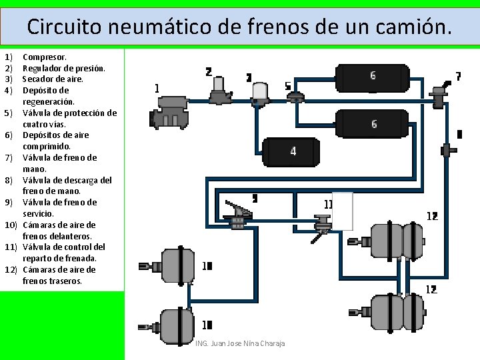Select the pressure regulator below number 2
pyautogui.click(x=218, y=91)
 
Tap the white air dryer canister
pyautogui.click(x=260, y=93)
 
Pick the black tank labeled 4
pyautogui.click(x=291, y=152)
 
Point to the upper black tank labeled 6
pyautogui.click(x=371, y=79)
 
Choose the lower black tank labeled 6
pyautogui.click(x=371, y=124)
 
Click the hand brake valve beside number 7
pyautogui.click(x=440, y=95)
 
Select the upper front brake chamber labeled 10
pyautogui.click(x=177, y=266)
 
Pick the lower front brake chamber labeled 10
pyautogui.click(x=177, y=325)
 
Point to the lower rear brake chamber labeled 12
pyautogui.click(x=396, y=312)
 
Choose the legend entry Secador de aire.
pyautogui.click(x=53, y=79)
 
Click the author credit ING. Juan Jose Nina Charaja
pyautogui.click(x=241, y=343)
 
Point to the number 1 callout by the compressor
pyautogui.click(x=157, y=88)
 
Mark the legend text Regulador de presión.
pyautogui.click(x=64, y=68)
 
